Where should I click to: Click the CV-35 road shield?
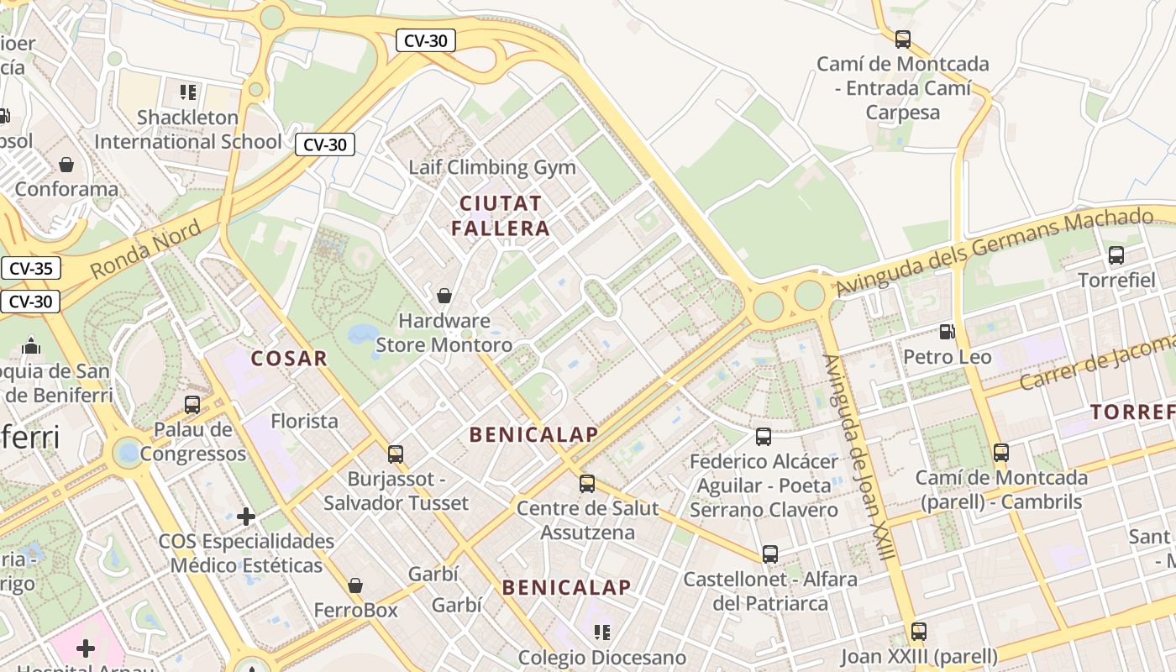click(31, 269)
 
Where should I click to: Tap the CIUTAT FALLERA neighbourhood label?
click(501, 215)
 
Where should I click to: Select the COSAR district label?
click(289, 359)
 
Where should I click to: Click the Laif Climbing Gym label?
click(492, 167)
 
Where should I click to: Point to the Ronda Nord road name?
click(145, 249)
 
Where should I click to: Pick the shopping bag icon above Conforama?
click(66, 165)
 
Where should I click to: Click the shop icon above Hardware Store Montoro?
click(444, 296)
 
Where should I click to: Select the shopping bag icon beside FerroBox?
click(355, 585)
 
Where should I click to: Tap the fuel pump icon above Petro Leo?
click(948, 332)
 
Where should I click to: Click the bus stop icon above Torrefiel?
click(1116, 255)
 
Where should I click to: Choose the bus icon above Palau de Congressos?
click(192, 405)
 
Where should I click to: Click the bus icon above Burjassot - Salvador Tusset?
click(396, 454)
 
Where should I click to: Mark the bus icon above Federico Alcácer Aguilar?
click(764, 437)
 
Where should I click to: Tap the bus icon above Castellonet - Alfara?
click(770, 554)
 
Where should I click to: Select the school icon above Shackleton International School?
click(188, 92)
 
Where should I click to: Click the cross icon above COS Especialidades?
click(246, 517)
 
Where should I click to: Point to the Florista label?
click(304, 421)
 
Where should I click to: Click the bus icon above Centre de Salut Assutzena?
click(587, 484)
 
